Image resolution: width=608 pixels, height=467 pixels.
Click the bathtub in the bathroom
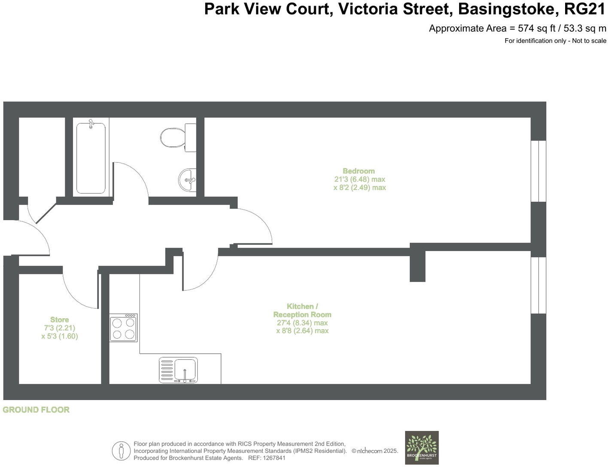pyautogui.click(x=91, y=158)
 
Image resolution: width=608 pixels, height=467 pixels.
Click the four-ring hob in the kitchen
pyautogui.click(x=124, y=328)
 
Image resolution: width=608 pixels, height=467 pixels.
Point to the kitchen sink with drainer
pyautogui.click(x=178, y=370)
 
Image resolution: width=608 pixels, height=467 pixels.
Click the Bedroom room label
pyautogui.click(x=359, y=171)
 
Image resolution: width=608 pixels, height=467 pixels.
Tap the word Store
pyautogui.click(x=59, y=320)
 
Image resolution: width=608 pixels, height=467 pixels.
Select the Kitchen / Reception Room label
pyautogui.click(x=302, y=310)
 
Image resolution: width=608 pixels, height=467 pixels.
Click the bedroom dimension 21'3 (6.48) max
pyautogui.click(x=360, y=179)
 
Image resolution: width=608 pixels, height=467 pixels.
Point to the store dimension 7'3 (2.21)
pyautogui.click(x=59, y=328)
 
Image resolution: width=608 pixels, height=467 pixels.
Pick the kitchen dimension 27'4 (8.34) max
pyautogui.click(x=302, y=323)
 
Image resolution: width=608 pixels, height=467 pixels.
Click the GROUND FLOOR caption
pyautogui.click(x=36, y=410)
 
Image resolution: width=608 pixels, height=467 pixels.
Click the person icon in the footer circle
pyautogui.click(x=121, y=451)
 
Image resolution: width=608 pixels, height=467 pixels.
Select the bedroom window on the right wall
pyautogui.click(x=538, y=171)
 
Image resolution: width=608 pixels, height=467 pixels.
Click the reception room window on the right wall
pyautogui.click(x=538, y=285)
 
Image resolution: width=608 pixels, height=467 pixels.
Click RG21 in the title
pyautogui.click(x=585, y=9)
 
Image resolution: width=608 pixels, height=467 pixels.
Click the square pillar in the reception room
pyautogui.click(x=417, y=266)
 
